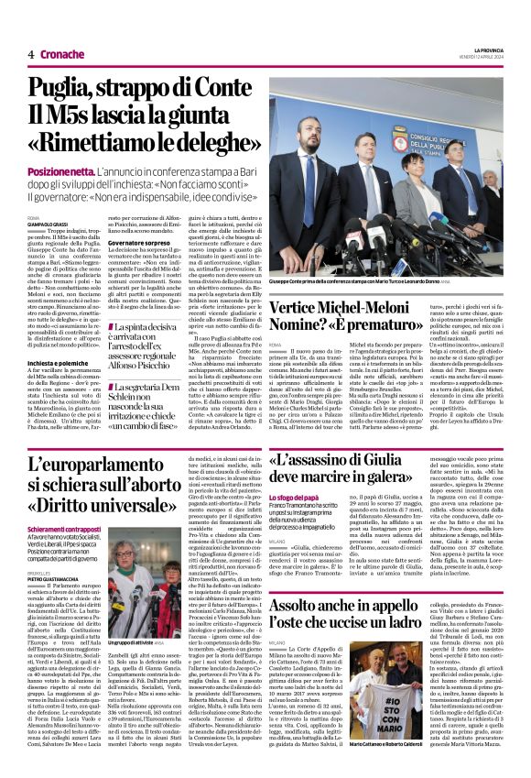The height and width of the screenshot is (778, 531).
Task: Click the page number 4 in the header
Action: (31, 54)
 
